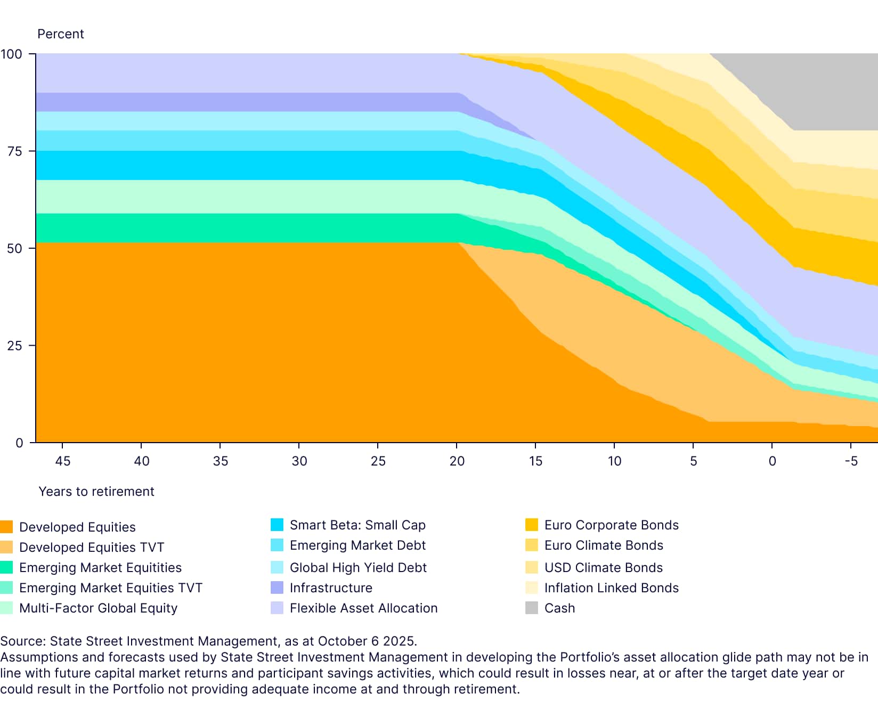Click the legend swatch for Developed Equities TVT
[6, 547]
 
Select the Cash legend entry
[559, 608]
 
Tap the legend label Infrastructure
[331, 588]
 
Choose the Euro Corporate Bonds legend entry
[611, 525]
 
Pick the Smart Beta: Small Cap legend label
[357, 525]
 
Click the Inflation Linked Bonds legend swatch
[532, 588]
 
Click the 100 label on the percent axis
[12, 54]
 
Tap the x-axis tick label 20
[457, 461]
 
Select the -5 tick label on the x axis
[851, 461]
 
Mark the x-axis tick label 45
[63, 461]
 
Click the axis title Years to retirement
[96, 491]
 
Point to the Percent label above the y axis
[61, 34]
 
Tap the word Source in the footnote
[22, 641]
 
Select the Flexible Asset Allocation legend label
[363, 608]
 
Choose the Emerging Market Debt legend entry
[357, 545]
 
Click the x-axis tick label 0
[772, 461]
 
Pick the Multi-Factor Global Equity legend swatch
[6, 608]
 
